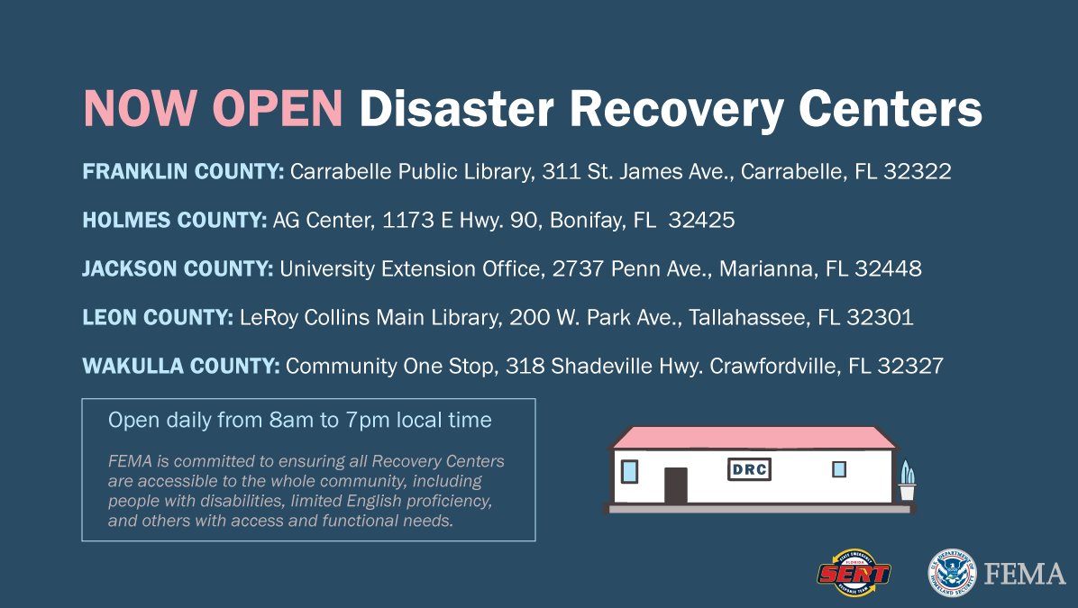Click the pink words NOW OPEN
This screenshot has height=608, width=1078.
(213, 110)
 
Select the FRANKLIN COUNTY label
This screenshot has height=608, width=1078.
(183, 172)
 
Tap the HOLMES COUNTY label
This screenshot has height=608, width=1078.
(174, 221)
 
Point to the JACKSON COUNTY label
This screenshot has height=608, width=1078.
(178, 269)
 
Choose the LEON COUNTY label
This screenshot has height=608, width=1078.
(157, 318)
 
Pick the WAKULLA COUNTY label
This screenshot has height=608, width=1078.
(180, 367)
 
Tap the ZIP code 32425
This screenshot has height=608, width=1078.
(701, 221)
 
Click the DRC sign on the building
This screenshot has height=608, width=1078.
(749, 470)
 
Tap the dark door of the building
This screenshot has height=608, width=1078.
(675, 485)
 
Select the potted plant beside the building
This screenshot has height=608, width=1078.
(906, 481)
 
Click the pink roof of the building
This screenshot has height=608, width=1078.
(753, 438)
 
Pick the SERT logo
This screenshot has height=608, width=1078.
(853, 573)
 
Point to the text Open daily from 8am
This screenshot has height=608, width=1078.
(216, 421)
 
